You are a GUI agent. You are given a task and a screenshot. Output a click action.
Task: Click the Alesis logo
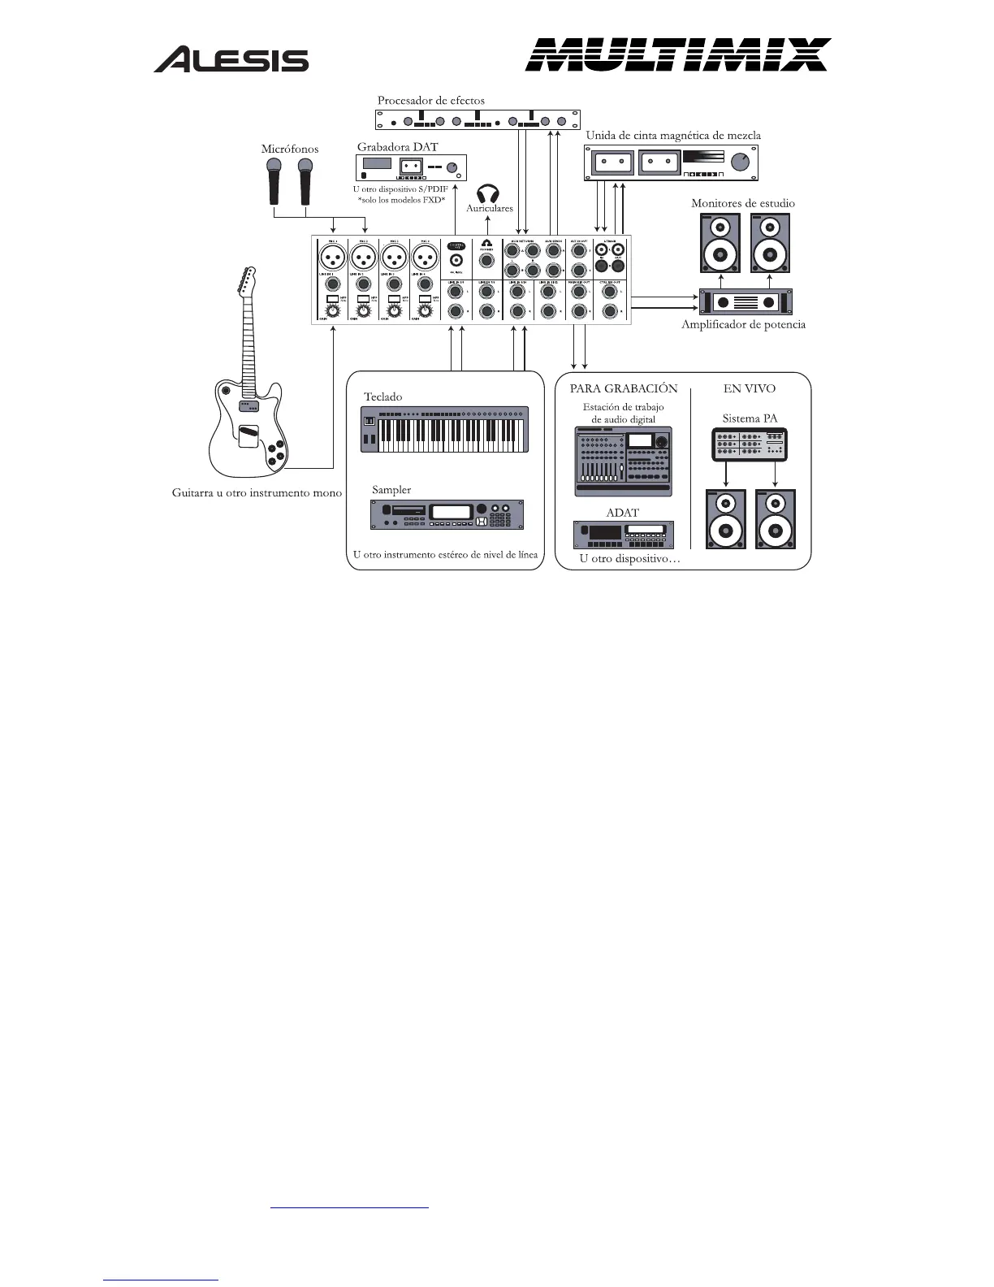(231, 59)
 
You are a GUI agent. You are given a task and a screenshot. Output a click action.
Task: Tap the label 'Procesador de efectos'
(430, 101)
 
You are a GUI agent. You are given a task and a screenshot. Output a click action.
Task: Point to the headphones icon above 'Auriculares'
(487, 193)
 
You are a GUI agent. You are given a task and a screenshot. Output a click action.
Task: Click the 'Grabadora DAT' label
(397, 147)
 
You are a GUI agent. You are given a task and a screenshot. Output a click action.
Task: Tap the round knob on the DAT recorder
(452, 169)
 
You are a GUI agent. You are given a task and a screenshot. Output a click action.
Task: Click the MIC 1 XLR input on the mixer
(333, 258)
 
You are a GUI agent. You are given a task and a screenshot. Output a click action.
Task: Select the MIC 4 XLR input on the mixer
(424, 258)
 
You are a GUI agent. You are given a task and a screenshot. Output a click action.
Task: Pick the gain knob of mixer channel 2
(363, 310)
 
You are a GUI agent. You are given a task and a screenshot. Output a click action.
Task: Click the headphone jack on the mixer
(486, 261)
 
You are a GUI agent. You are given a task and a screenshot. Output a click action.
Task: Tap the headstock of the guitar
(244, 281)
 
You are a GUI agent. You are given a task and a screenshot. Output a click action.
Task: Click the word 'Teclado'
(382, 396)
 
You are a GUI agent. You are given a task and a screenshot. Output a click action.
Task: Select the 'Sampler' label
(391, 490)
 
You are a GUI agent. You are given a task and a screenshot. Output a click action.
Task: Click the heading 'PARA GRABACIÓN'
(623, 388)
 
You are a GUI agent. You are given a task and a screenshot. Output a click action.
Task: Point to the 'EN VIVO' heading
(749, 388)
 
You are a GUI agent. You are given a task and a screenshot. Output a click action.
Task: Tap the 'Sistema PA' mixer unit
(750, 444)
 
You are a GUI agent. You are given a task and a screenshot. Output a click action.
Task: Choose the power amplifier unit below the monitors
(746, 302)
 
